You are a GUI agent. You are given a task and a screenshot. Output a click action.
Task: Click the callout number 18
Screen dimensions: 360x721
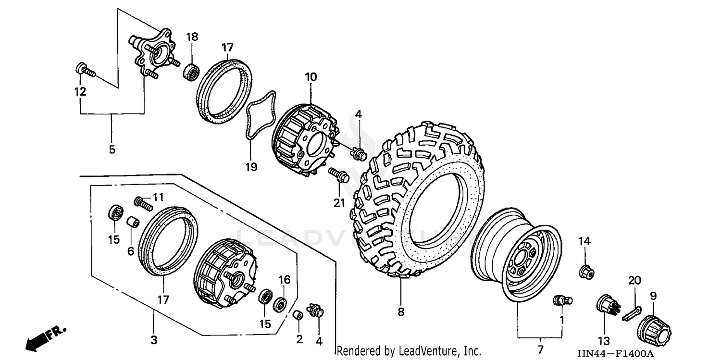pyautogui.click(x=192, y=37)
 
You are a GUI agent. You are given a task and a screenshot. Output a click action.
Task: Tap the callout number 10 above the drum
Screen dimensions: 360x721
pyautogui.click(x=311, y=77)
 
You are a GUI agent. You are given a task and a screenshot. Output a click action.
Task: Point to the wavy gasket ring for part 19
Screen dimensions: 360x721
pyautogui.click(x=260, y=115)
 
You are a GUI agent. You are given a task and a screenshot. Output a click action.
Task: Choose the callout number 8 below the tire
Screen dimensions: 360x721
pyautogui.click(x=401, y=312)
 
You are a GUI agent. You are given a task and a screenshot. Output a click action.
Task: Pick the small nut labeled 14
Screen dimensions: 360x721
pyautogui.click(x=585, y=272)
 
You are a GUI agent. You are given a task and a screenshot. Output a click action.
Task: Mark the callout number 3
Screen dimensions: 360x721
pyautogui.click(x=153, y=340)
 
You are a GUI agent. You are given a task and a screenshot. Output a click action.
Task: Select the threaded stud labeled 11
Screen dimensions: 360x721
pyautogui.click(x=143, y=203)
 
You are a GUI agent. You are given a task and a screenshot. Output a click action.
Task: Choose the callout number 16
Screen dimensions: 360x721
pyautogui.click(x=285, y=279)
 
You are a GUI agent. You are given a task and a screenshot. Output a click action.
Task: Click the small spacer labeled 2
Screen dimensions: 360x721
pyautogui.click(x=298, y=315)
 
